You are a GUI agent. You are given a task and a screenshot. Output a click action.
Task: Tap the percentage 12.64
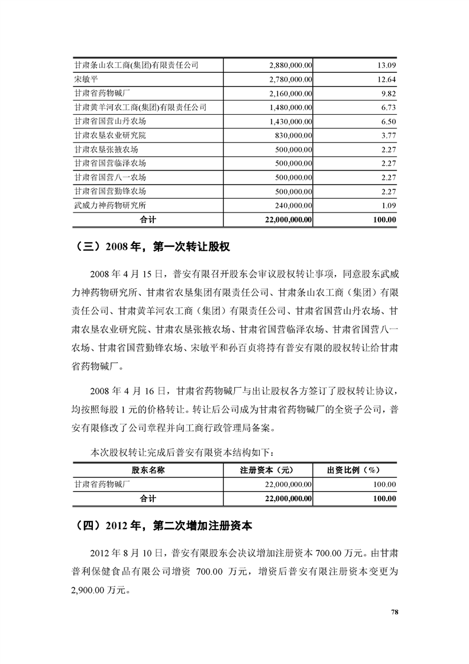pos(386,79)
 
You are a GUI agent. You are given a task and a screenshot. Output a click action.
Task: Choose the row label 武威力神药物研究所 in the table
pos(110,205)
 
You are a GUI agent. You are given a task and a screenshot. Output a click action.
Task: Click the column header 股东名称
pos(148,470)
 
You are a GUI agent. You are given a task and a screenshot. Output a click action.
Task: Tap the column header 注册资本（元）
pos(267,470)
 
